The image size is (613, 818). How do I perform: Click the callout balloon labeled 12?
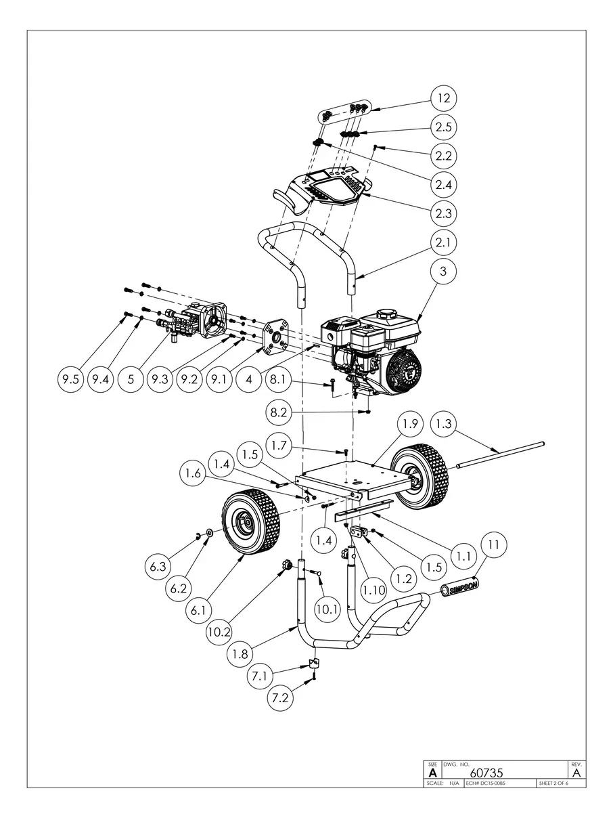pyautogui.click(x=443, y=98)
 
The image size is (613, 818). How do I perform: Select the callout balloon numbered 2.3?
pyautogui.click(x=443, y=213)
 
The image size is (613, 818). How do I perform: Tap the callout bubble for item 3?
pyautogui.click(x=443, y=271)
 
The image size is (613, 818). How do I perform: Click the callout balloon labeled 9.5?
pyautogui.click(x=68, y=380)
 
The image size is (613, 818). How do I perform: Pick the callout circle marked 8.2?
pyautogui.click(x=278, y=411)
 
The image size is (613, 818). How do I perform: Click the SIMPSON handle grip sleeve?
pyautogui.click(x=460, y=586)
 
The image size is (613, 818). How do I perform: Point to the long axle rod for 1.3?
pyautogui.click(x=501, y=455)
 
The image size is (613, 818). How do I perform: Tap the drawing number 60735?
pyautogui.click(x=486, y=772)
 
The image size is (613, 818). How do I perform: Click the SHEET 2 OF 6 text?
pyautogui.click(x=553, y=783)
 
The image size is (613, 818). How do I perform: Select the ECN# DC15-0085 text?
pyautogui.click(x=486, y=783)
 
